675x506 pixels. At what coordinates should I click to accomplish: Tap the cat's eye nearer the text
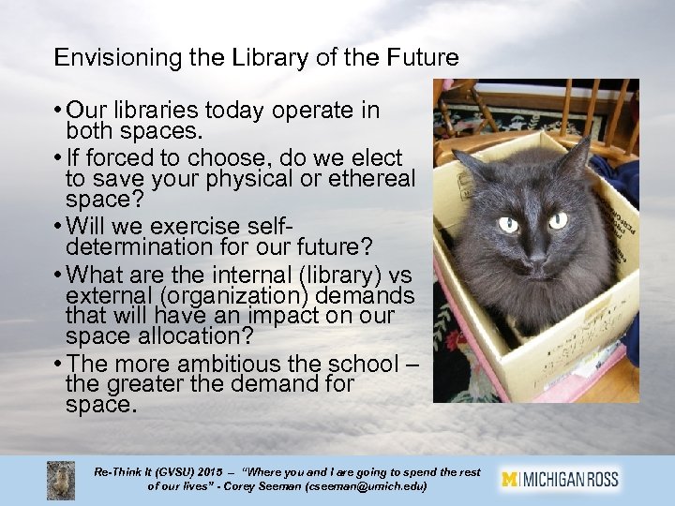[x=509, y=225]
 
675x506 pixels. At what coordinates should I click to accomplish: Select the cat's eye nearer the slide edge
[x=558, y=221]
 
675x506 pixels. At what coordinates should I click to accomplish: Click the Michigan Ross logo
[x=561, y=479]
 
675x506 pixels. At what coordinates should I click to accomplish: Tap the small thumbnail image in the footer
[x=61, y=480]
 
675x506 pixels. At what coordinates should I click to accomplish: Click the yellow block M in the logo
[x=510, y=479]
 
